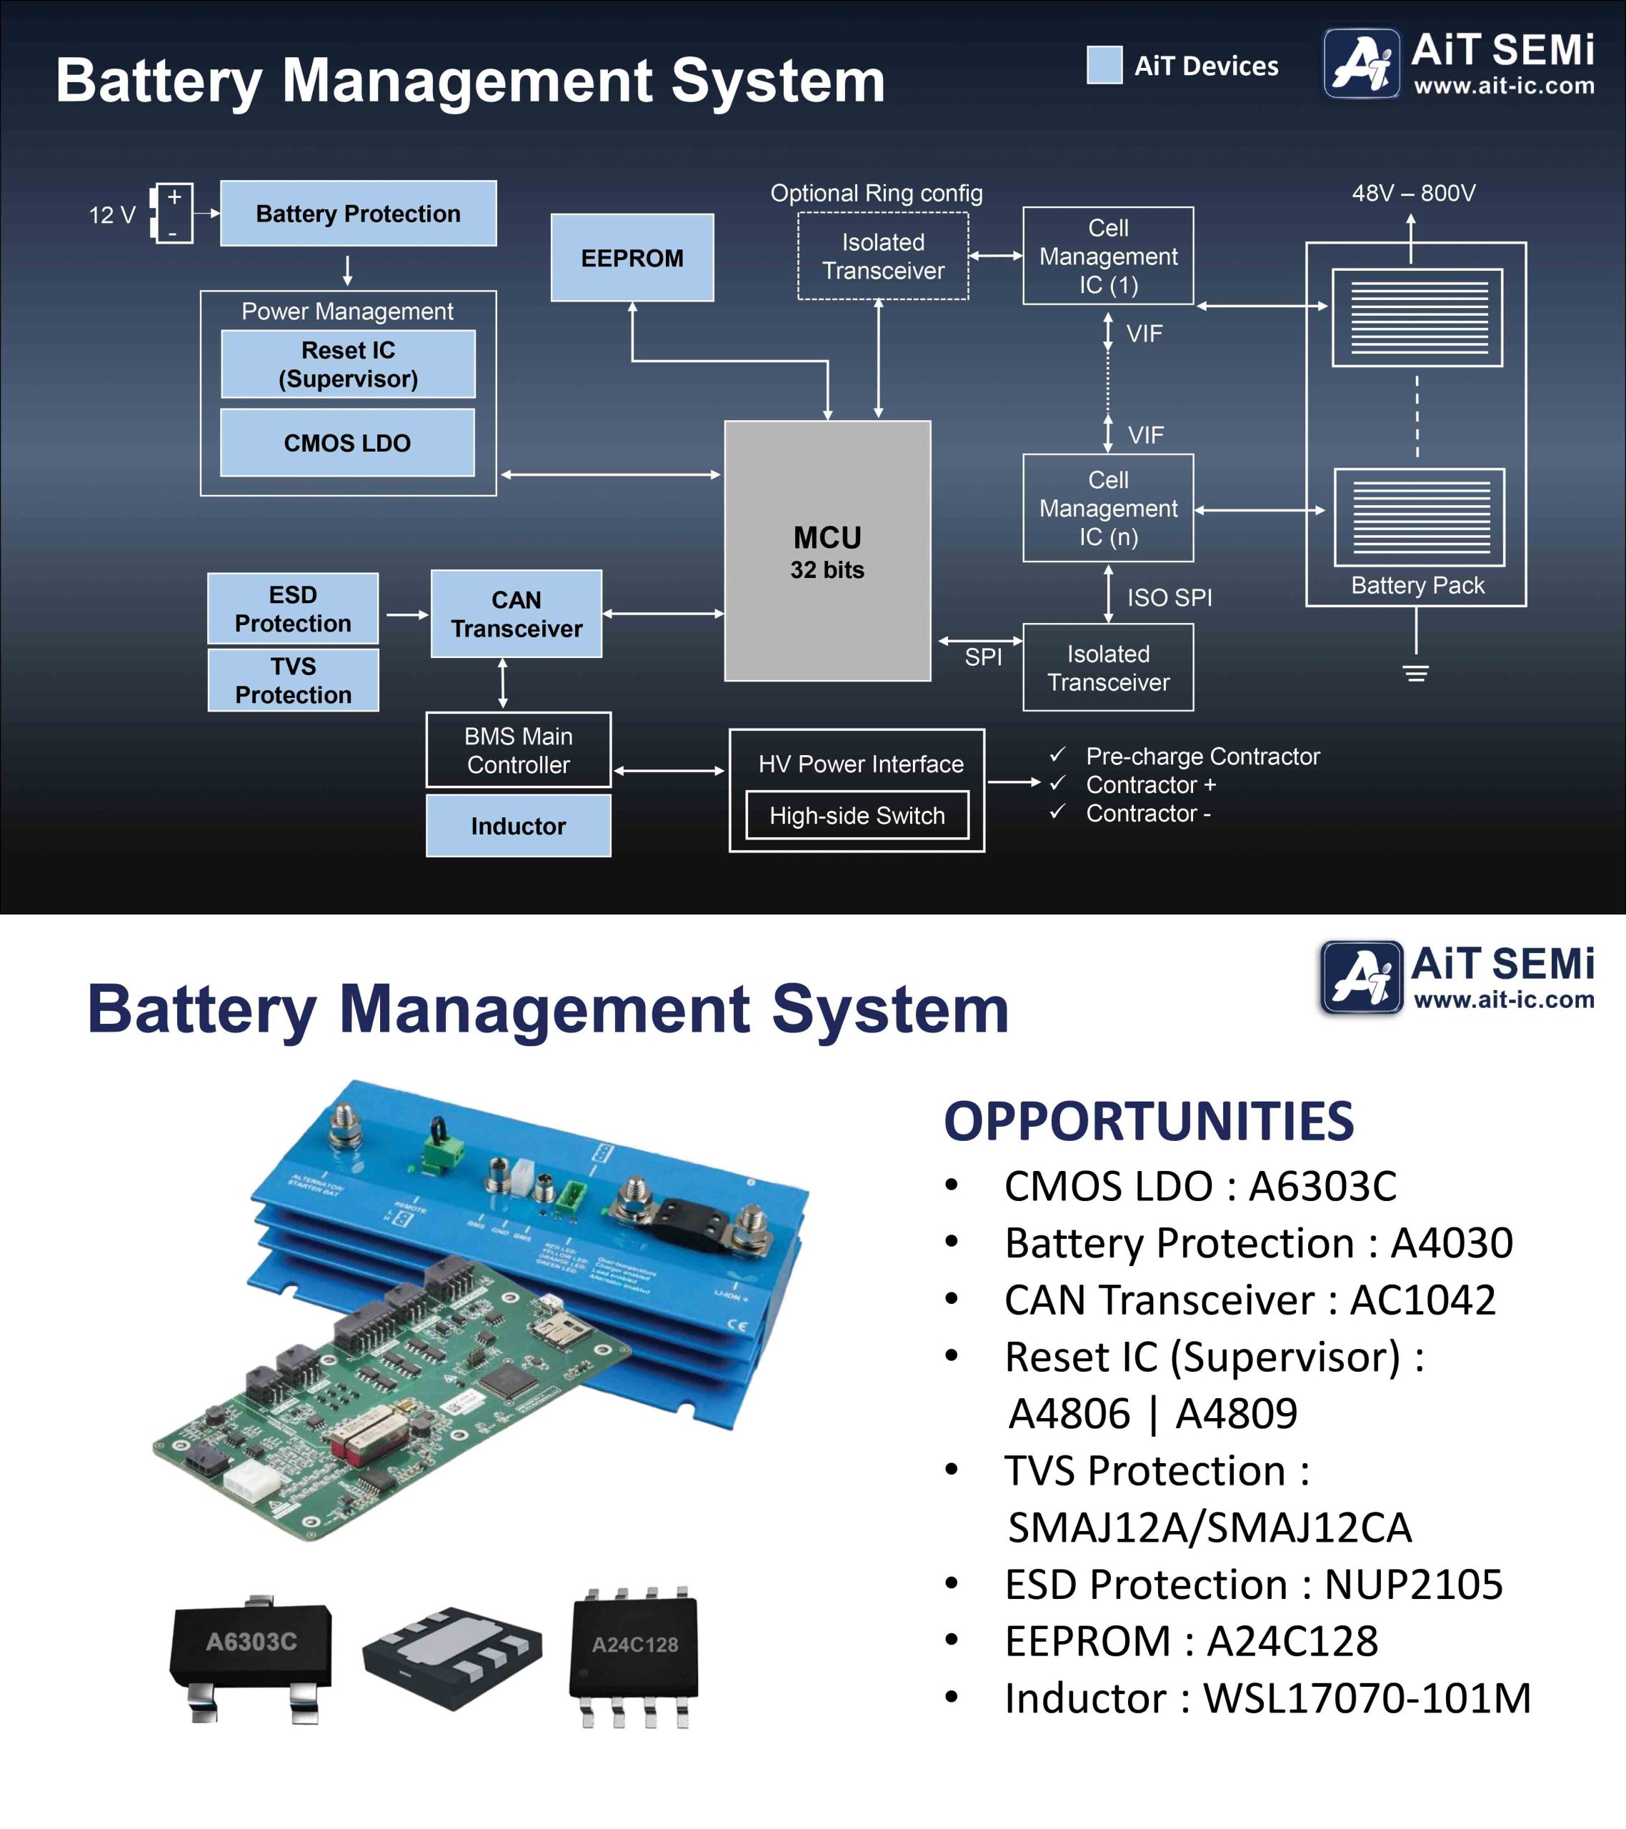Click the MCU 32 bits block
coord(827,550)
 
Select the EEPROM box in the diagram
coord(632,258)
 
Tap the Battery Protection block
coord(358,213)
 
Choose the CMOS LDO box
coord(347,443)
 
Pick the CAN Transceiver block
coord(517,614)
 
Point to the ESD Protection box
coord(293,609)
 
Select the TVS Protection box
coord(293,680)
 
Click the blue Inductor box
coord(518,826)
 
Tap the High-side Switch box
coord(857,815)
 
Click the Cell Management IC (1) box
coord(1108,256)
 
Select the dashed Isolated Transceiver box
coord(882,256)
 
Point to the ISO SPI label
coord(1169,598)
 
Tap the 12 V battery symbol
coord(172,213)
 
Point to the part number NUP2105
coord(1413,1585)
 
